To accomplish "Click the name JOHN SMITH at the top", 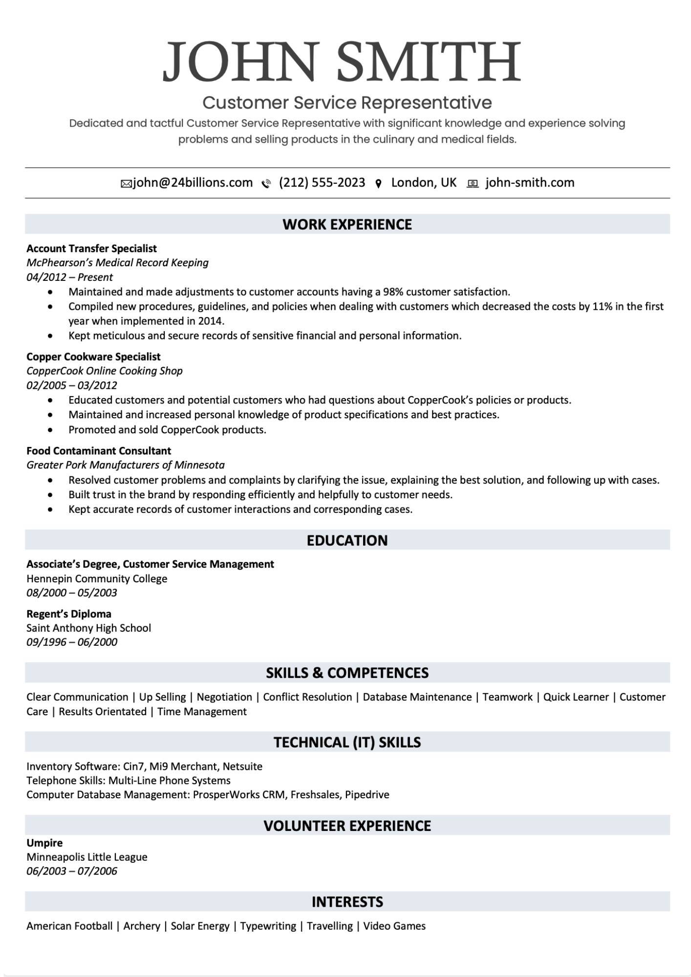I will pyautogui.click(x=342, y=62).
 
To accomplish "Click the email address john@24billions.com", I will pyautogui.click(x=193, y=183).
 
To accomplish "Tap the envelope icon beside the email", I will pyautogui.click(x=126, y=184).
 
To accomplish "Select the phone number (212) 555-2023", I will pyautogui.click(x=322, y=183).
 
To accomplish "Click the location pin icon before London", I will pyautogui.click(x=378, y=184).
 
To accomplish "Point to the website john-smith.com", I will pyautogui.click(x=530, y=183).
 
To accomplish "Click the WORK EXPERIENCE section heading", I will pyautogui.click(x=347, y=224).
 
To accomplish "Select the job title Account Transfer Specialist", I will pyautogui.click(x=91, y=249).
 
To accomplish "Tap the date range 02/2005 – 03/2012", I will pyautogui.click(x=72, y=385).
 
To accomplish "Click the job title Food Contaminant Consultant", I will pyautogui.click(x=99, y=450).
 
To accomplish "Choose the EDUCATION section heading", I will pyautogui.click(x=347, y=540).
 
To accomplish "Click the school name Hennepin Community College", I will pyautogui.click(x=97, y=579).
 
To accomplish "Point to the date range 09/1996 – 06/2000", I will pyautogui.click(x=72, y=642).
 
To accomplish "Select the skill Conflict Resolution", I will pyautogui.click(x=307, y=697).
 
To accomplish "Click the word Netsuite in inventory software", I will pyautogui.click(x=242, y=766).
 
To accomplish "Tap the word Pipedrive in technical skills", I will pyautogui.click(x=367, y=795).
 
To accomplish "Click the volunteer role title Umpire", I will pyautogui.click(x=44, y=843).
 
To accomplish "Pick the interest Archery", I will pyautogui.click(x=142, y=926).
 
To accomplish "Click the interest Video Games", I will pyautogui.click(x=394, y=926).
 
